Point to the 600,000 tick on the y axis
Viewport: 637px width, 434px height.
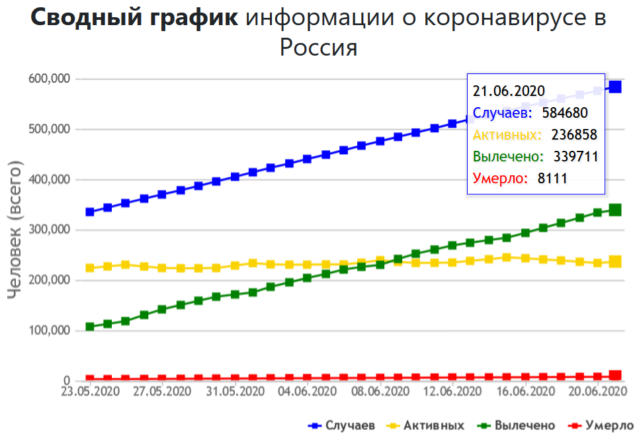[x=50, y=79]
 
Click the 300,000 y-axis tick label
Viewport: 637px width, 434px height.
[x=50, y=230]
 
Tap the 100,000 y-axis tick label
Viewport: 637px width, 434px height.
[x=50, y=331]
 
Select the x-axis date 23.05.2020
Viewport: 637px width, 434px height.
[x=89, y=391]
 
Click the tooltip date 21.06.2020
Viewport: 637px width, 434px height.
[x=508, y=91]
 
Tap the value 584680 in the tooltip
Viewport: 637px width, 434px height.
[x=564, y=113]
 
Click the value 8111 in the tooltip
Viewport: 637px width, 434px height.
[x=552, y=179]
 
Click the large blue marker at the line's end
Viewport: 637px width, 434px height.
[x=615, y=87]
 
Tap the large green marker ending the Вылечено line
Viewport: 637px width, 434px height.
[x=615, y=210]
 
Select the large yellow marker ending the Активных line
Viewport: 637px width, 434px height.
[x=615, y=261]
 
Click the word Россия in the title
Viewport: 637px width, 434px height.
[x=318, y=48]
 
